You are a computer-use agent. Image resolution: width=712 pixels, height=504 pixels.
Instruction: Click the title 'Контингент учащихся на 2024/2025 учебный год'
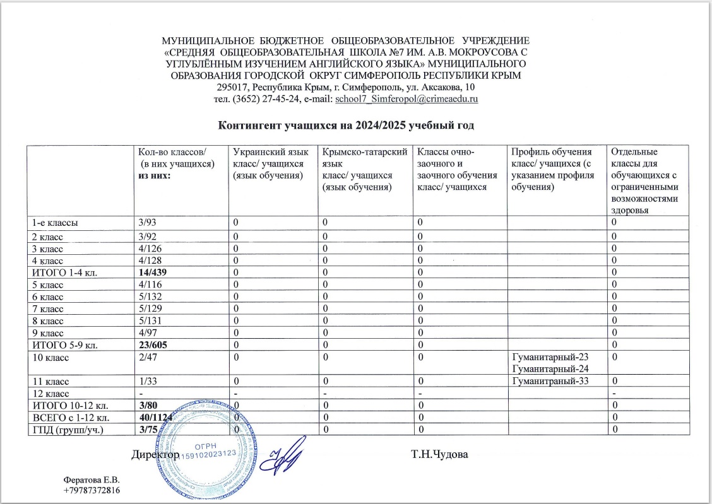pos(346,124)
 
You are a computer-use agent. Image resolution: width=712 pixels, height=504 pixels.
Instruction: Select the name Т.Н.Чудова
pos(439,454)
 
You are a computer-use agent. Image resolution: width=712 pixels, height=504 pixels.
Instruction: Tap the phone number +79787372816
pos(92,490)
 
